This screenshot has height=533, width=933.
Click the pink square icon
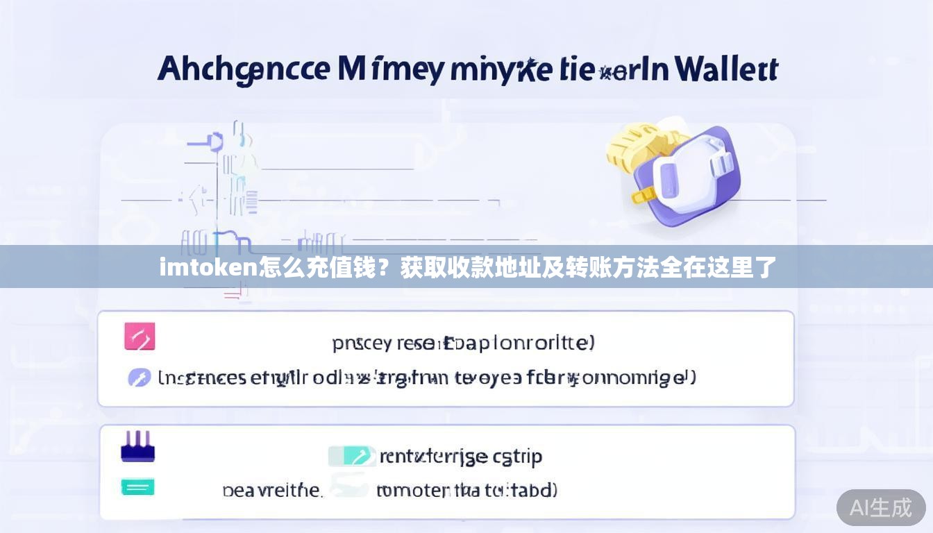(x=139, y=337)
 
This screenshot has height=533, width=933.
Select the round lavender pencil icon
(x=140, y=378)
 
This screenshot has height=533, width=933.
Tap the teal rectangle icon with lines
(x=137, y=487)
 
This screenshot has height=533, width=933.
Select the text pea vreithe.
(x=272, y=491)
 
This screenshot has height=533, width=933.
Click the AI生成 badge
(x=880, y=508)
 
